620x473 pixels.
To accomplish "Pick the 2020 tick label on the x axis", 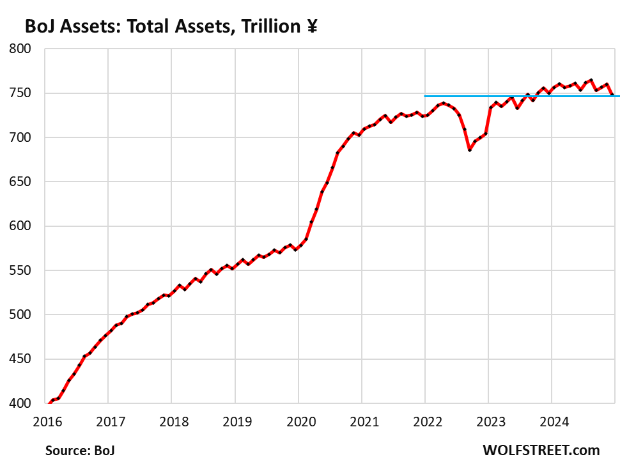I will pyautogui.click(x=298, y=421).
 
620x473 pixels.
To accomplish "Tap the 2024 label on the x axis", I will pyautogui.click(x=552, y=421).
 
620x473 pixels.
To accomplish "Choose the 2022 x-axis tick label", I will pyautogui.click(x=425, y=421).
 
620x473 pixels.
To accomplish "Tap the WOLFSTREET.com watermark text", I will pyautogui.click(x=541, y=450).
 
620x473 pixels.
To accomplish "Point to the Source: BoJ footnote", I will pyautogui.click(x=80, y=450).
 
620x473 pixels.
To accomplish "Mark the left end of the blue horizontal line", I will pyautogui.click(x=425, y=96).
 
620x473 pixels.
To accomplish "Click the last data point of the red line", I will pyautogui.click(x=612, y=95).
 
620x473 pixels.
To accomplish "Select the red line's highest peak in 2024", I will pyautogui.click(x=591, y=80).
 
